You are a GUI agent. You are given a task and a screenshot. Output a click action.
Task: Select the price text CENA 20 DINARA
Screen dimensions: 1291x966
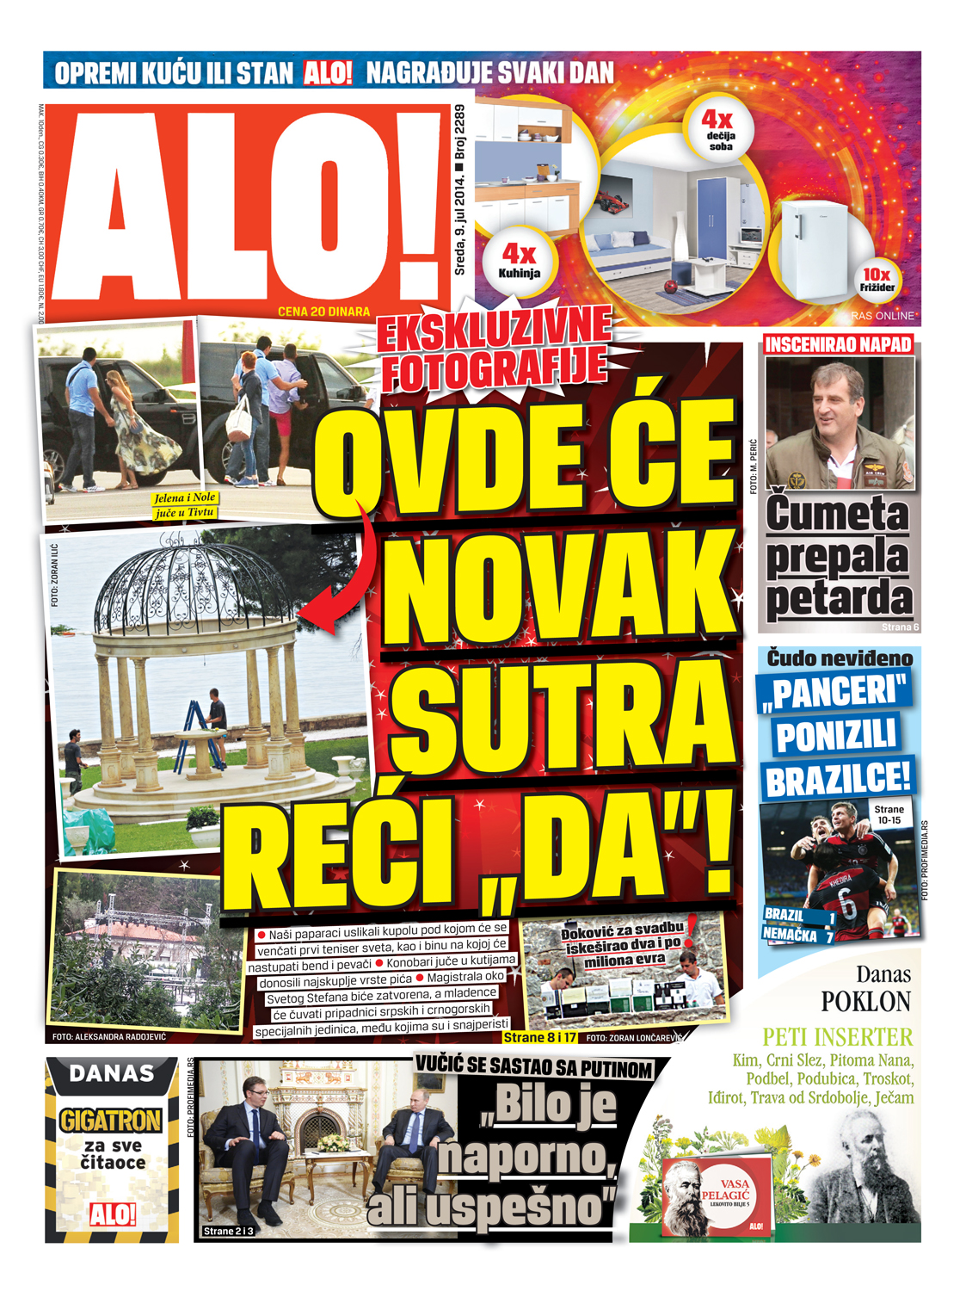tap(323, 312)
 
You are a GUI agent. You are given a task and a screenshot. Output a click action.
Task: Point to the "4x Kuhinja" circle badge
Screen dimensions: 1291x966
tap(519, 260)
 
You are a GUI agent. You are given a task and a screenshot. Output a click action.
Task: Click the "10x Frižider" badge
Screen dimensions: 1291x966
tap(877, 280)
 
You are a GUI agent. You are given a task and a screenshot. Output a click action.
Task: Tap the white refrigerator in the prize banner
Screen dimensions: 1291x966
tap(813, 250)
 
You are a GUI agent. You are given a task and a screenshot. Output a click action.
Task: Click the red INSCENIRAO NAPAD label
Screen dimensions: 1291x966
tap(838, 345)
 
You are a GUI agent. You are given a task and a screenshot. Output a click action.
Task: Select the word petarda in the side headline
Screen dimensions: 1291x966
tap(839, 598)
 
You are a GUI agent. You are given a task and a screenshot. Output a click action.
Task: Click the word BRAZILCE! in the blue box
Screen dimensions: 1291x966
tap(837, 779)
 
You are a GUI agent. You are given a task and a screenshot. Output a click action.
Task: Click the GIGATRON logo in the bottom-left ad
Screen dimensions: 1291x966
tap(111, 1120)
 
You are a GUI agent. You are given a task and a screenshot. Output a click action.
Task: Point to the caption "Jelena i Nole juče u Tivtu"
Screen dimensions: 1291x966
tap(184, 505)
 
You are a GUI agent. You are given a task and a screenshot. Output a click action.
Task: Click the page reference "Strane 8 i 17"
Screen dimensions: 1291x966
tap(539, 1037)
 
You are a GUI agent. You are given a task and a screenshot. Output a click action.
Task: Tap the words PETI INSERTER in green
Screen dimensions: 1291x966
tap(837, 1037)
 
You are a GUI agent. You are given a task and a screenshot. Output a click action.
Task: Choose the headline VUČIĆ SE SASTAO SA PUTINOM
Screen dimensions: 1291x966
tap(533, 1067)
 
